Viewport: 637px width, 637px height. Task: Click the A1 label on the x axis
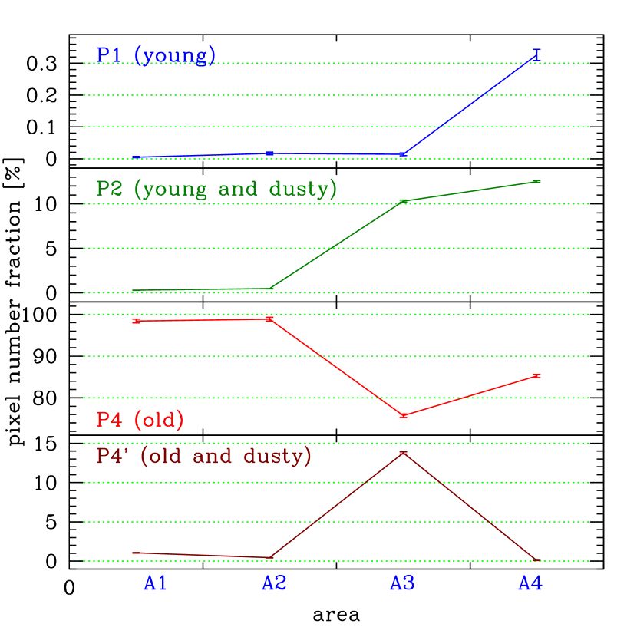click(x=155, y=584)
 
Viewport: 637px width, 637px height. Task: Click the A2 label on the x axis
click(x=274, y=584)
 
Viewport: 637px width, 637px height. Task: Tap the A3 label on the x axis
click(x=402, y=584)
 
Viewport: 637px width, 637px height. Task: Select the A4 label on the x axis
click(x=530, y=584)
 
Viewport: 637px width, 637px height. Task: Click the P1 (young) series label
click(x=156, y=56)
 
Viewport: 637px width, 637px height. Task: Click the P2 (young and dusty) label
click(x=216, y=189)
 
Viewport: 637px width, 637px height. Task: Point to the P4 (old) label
click(x=140, y=420)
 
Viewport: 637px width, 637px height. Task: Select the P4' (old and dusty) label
click(x=204, y=457)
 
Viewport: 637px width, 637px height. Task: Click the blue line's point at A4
click(x=536, y=54)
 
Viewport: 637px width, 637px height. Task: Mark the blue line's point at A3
click(x=403, y=154)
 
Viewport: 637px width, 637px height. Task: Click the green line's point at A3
click(x=403, y=201)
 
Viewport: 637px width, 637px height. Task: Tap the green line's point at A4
click(x=536, y=181)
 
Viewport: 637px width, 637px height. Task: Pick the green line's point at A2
click(x=270, y=289)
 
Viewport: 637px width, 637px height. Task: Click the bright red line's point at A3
click(x=403, y=415)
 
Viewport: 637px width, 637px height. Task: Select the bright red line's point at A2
click(x=270, y=318)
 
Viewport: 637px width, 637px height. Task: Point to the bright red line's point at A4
click(x=536, y=376)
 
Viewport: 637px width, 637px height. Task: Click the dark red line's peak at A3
click(x=403, y=454)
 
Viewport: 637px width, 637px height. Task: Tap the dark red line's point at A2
click(x=270, y=557)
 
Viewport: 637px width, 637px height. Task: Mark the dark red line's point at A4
click(x=536, y=561)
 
